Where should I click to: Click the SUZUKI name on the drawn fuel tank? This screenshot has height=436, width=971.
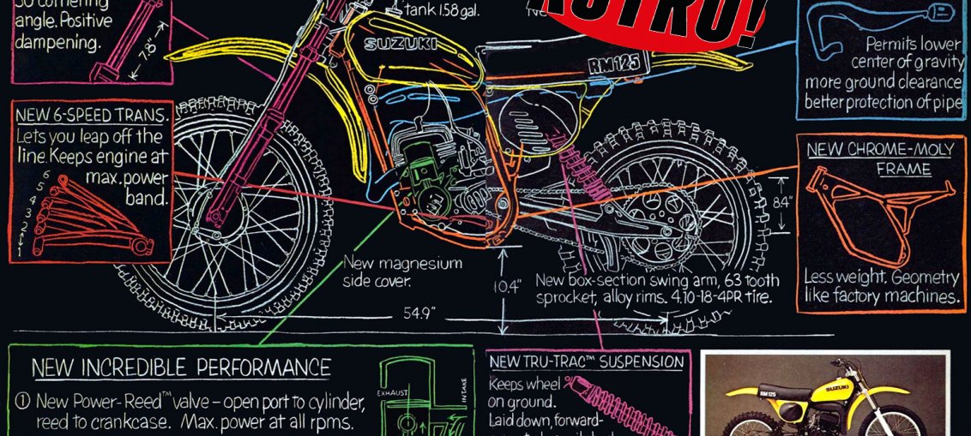coord(401,44)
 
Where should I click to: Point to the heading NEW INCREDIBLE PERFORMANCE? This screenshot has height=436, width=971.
coord(181,368)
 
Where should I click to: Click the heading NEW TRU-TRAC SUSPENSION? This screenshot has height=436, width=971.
coord(587,362)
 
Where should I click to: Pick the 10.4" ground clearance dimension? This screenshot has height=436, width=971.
coord(509,287)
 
